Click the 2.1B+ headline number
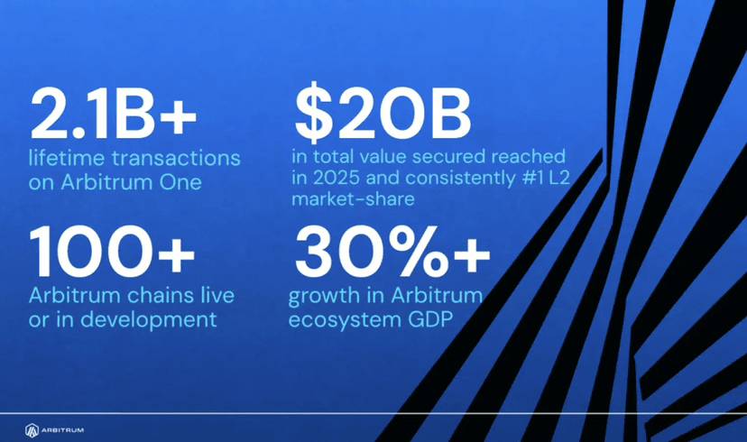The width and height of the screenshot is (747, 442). pos(114,114)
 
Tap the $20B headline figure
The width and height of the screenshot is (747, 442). pos(383,113)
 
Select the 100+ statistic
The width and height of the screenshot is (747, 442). pos(112,252)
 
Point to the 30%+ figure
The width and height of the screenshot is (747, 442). pos(392,252)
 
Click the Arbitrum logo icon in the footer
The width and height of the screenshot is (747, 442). pos(32,430)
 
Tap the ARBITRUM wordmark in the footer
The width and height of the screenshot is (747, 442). pos(62,430)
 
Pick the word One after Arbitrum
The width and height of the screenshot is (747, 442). pos(180,182)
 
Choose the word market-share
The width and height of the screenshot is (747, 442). pos(353,198)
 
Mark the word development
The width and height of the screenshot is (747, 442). pos(148,319)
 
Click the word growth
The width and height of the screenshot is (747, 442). pos(325,296)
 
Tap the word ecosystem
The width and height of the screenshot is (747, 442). pos(345,320)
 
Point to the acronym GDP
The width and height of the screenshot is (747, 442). pos(430,319)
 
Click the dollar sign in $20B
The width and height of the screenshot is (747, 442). pos(313,113)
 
